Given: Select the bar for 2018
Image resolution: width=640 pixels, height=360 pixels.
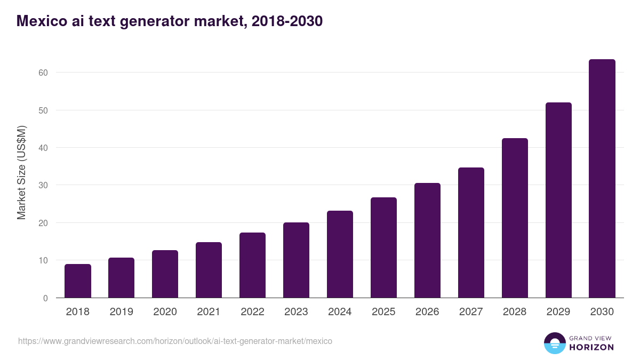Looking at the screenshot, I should click(x=78, y=281).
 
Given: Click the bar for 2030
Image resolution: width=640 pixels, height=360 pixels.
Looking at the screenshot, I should click(x=602, y=179).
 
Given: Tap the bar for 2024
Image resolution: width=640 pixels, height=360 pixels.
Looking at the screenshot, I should click(x=340, y=254).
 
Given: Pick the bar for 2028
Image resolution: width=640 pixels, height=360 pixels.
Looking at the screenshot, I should click(x=515, y=218).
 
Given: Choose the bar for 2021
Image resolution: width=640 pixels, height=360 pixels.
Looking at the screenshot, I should click(x=209, y=270).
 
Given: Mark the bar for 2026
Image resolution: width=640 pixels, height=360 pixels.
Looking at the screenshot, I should click(x=427, y=241).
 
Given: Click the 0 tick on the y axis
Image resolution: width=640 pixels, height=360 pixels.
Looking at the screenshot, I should click(x=45, y=298).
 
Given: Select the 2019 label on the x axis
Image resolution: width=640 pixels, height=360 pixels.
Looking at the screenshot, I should click(x=122, y=312).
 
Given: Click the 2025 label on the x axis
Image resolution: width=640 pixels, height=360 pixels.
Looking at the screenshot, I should click(x=383, y=312).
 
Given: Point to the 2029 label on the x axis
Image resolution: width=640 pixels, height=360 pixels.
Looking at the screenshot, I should click(x=558, y=312).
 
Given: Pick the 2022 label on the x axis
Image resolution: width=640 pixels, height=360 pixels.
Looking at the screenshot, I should click(x=252, y=312).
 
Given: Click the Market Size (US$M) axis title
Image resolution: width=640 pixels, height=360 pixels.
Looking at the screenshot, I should click(x=21, y=173).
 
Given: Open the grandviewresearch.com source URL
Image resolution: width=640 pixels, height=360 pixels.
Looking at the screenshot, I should click(x=175, y=341).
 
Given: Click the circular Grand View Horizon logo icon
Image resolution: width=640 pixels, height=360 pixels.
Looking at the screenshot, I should click(x=555, y=343).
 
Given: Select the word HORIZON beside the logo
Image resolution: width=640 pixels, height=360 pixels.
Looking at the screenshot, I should click(x=591, y=347).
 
